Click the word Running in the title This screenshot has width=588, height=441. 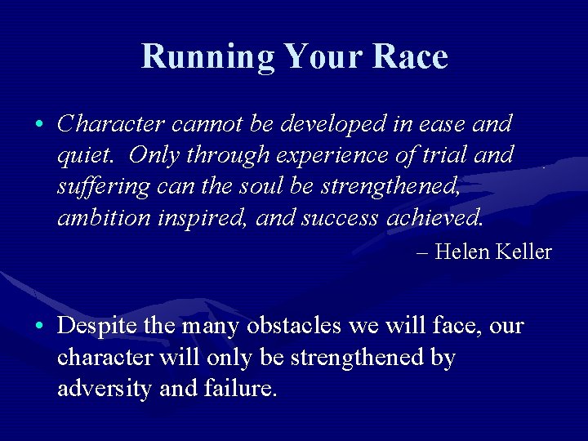tap(208, 57)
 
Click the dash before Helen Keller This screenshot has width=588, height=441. tap(421, 252)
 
